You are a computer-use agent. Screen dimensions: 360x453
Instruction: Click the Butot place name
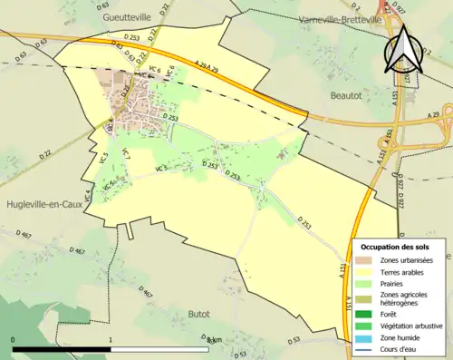tap(198, 314)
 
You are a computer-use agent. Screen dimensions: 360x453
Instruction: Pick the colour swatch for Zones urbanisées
tap(366, 259)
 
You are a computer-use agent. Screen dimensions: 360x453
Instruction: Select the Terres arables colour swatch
tap(366, 271)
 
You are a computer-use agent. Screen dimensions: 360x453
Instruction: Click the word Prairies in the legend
tap(396, 283)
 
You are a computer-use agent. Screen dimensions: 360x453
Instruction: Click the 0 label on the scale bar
tap(14, 341)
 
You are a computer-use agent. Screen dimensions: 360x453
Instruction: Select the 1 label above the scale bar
tap(110, 341)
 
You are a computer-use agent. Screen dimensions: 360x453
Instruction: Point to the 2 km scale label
tap(212, 341)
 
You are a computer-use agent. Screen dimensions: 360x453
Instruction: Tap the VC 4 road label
tap(89, 192)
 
